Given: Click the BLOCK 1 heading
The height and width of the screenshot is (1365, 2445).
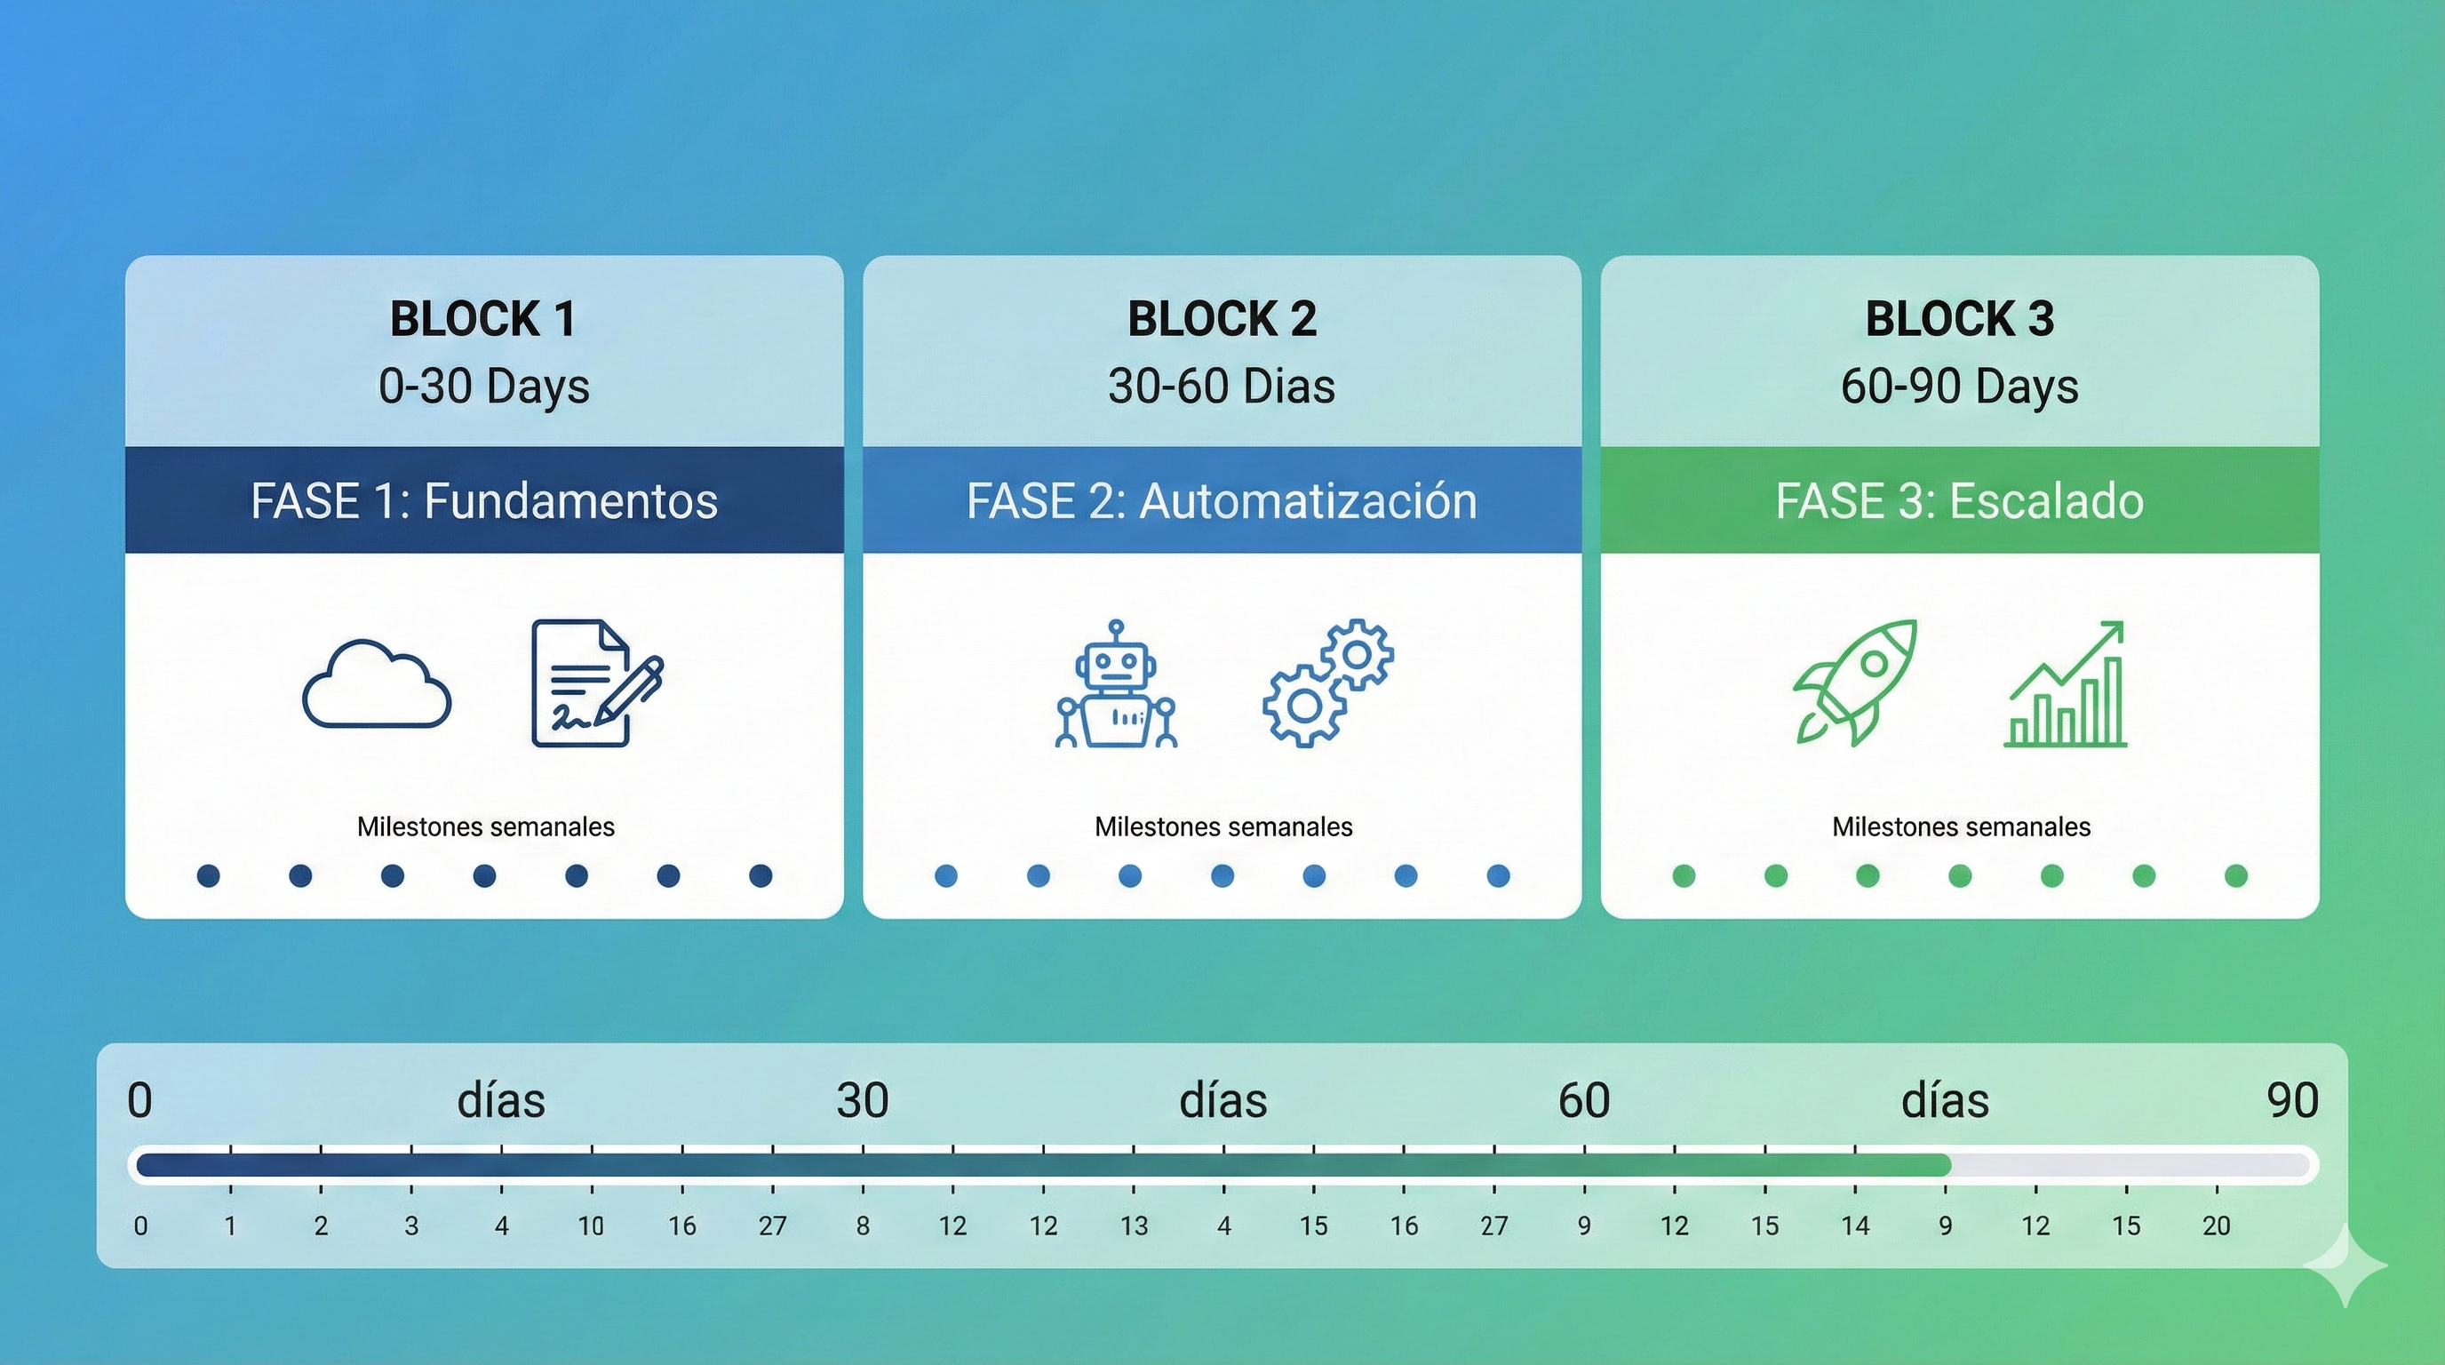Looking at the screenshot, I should pos(483,319).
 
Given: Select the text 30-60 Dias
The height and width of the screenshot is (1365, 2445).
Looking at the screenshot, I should pos(1222,387).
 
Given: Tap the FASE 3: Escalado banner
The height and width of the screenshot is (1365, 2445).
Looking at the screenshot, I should pos(1959,500).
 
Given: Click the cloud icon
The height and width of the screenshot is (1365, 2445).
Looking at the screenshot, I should pos(377,684).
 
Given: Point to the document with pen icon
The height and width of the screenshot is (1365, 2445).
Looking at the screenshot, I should pos(595,683).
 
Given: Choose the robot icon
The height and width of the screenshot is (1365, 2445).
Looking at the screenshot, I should pos(1116,684).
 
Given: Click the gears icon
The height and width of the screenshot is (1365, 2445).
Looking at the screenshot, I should pos(1328,682).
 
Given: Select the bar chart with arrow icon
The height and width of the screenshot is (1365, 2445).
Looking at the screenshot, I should pos(2067,684).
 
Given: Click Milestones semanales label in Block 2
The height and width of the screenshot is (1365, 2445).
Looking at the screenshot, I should pos(1222,826).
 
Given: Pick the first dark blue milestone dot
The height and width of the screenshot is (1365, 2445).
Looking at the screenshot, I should pos(208,875).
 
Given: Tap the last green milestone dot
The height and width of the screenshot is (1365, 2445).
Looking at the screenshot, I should pos(2235,875).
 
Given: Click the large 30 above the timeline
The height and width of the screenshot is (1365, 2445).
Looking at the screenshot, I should pos(862,1101).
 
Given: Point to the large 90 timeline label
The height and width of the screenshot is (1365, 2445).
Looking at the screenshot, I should pos(2292,1101).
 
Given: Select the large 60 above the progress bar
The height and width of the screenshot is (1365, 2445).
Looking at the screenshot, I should pos(1583,1101).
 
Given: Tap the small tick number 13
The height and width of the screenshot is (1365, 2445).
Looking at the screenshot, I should pos(1134,1226).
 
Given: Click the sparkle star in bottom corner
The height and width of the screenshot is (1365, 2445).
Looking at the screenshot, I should pos(2345,1265).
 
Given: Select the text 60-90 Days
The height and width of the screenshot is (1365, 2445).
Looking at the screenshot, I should pos(1959,387).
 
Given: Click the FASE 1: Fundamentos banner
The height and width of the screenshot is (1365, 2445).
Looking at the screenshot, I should pos(484,500).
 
